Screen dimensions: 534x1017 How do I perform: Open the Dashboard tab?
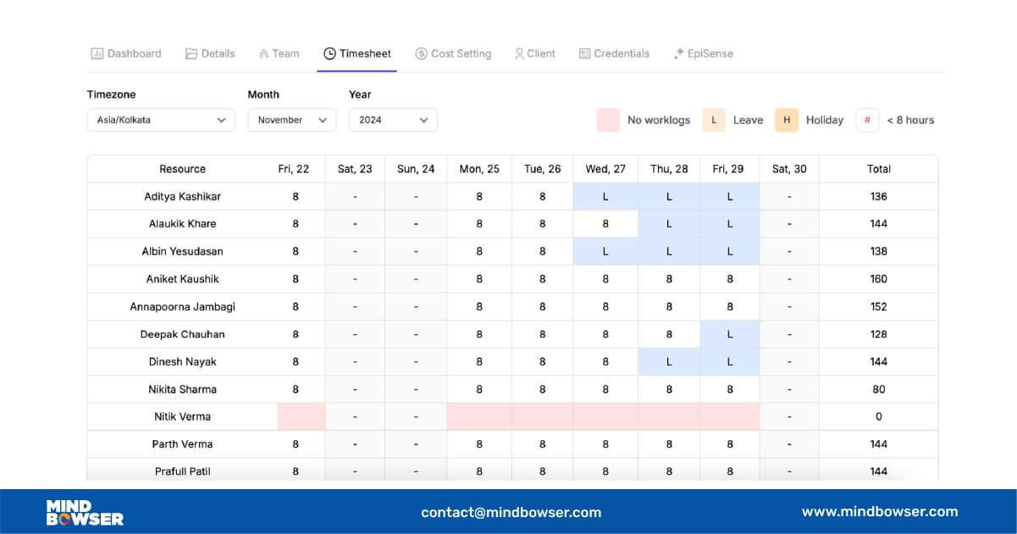pyautogui.click(x=126, y=53)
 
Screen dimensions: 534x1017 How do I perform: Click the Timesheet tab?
pyautogui.click(x=357, y=53)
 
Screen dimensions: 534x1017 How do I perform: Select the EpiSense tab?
pyautogui.click(x=703, y=53)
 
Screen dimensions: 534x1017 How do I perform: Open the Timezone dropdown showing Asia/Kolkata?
pyautogui.click(x=161, y=120)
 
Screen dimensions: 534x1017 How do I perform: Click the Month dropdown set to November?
pyautogui.click(x=291, y=120)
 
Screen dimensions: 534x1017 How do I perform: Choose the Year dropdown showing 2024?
pyautogui.click(x=393, y=120)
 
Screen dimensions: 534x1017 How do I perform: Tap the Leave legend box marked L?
pyautogui.click(x=713, y=120)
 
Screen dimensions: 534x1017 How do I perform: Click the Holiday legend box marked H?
pyautogui.click(x=787, y=120)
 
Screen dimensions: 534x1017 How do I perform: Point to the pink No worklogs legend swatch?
pyautogui.click(x=608, y=120)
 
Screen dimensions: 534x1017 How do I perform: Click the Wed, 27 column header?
pyautogui.click(x=605, y=169)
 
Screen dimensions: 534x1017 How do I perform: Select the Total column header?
pyautogui.click(x=878, y=169)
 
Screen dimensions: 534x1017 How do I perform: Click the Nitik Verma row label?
pyautogui.click(x=182, y=416)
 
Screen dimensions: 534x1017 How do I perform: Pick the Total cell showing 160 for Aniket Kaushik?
pyautogui.click(x=878, y=279)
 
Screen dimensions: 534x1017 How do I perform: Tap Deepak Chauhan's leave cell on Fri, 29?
pyautogui.click(x=729, y=334)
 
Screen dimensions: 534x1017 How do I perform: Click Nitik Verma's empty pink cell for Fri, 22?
pyautogui.click(x=301, y=416)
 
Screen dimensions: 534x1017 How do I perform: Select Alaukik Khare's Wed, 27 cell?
pyautogui.click(x=605, y=224)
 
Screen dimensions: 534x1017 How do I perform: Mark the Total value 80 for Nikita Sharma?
pyautogui.click(x=878, y=389)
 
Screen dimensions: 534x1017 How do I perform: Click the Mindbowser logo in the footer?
pyautogui.click(x=85, y=512)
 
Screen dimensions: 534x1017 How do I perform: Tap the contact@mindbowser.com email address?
pyautogui.click(x=511, y=512)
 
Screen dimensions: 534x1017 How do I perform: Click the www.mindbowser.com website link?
pyautogui.click(x=880, y=511)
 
